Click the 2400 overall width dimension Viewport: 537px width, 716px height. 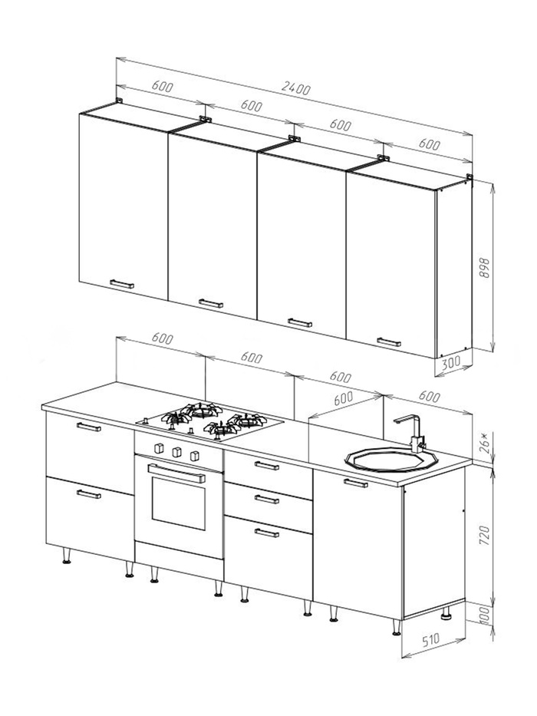296,88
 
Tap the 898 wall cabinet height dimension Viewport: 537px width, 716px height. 485,268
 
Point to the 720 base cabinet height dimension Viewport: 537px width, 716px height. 485,535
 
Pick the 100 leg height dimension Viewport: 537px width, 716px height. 485,615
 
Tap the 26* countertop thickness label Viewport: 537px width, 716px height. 485,443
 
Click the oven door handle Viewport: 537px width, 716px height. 176,473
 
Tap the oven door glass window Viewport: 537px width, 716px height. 179,503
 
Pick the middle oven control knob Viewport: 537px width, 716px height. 176,452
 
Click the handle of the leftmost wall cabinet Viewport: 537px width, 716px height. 122,284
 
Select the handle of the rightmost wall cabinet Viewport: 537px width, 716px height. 389,342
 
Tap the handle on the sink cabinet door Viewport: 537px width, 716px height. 356,483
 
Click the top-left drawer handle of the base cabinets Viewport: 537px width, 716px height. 89,427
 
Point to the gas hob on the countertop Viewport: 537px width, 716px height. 210,421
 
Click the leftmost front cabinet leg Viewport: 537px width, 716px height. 67,556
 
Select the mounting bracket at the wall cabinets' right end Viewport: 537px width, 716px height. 469,177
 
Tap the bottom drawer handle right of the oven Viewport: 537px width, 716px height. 267,533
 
